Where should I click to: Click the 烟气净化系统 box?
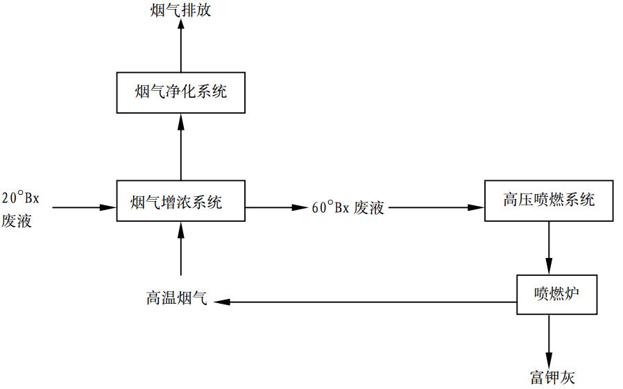click(x=180, y=92)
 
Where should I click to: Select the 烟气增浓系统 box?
click(x=180, y=202)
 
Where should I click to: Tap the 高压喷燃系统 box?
click(x=548, y=201)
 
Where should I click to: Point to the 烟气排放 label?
click(x=180, y=10)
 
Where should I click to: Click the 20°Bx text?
click(x=22, y=198)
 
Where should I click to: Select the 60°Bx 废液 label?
click(x=348, y=207)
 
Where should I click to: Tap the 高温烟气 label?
click(x=176, y=300)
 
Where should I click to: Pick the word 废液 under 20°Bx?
click(x=17, y=221)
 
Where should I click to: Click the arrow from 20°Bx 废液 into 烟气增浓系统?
click(x=83, y=207)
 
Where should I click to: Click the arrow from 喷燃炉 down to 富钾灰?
click(x=549, y=339)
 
